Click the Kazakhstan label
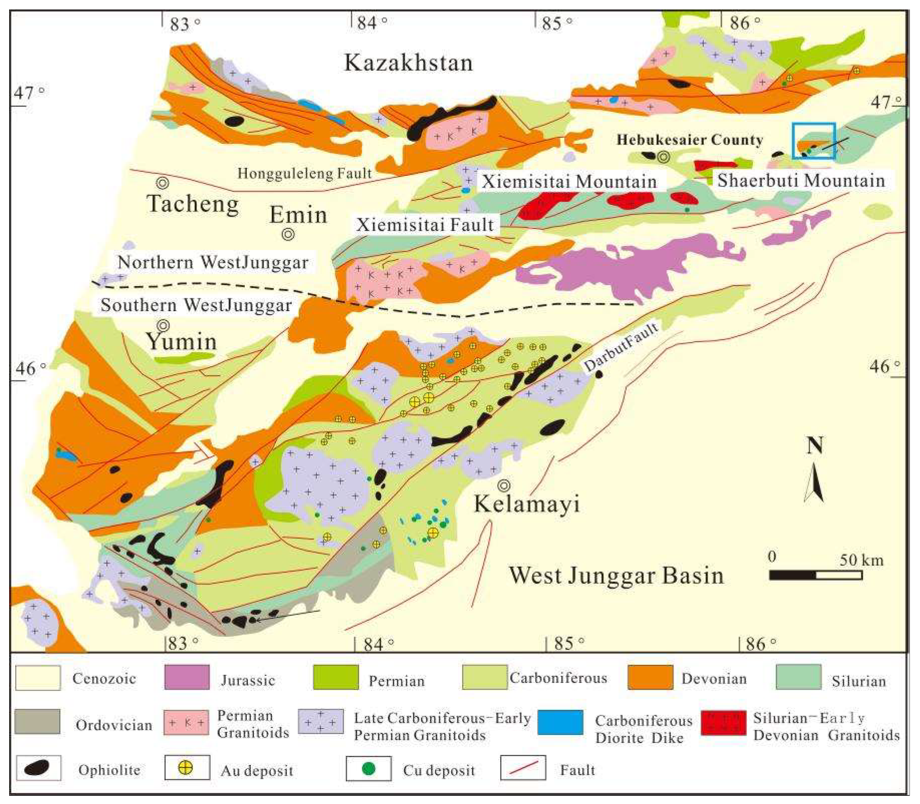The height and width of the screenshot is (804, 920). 408,63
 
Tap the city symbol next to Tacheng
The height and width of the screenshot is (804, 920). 162,183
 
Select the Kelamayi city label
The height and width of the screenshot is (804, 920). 527,504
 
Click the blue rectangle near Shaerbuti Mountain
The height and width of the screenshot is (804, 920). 813,141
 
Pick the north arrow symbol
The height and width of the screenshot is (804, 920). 814,482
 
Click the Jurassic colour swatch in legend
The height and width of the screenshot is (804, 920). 186,678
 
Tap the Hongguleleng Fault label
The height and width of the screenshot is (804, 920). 304,173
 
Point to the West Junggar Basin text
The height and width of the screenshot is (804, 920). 616,576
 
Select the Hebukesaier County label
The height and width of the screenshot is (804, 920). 689,140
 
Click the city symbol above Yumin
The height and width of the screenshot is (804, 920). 163,325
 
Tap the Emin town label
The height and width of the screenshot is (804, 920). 298,215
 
